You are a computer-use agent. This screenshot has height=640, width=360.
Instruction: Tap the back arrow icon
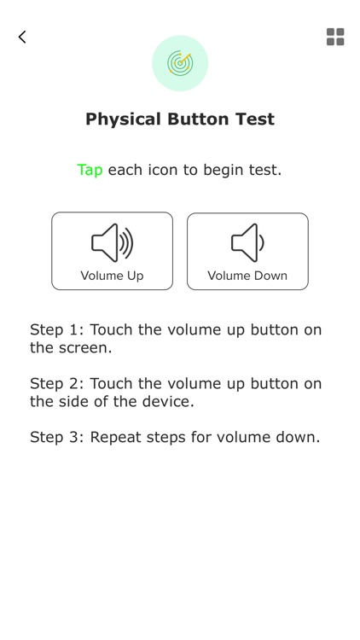22,37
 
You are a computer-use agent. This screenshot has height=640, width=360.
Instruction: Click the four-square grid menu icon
335,37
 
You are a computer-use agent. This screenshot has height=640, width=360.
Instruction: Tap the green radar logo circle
180,63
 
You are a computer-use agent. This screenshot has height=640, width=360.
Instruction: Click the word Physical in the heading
123,119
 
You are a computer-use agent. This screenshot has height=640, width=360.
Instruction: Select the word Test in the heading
254,119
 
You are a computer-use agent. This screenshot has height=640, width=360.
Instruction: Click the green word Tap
90,170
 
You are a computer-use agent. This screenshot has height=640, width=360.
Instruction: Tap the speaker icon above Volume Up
113,243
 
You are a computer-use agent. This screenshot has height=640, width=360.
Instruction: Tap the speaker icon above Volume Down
247,243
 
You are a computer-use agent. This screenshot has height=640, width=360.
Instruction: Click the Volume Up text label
113,276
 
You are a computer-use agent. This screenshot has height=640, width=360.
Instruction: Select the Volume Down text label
247,276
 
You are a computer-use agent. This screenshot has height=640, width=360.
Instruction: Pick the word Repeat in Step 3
116,438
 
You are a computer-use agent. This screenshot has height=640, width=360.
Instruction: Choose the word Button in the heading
199,119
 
